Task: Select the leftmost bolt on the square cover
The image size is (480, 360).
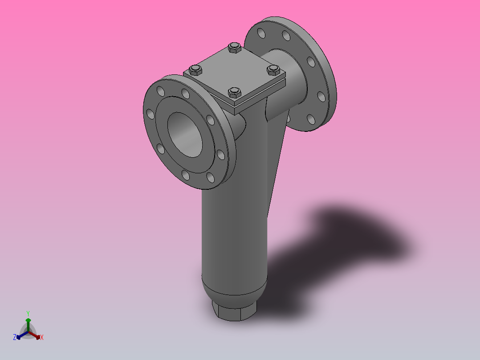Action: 195,70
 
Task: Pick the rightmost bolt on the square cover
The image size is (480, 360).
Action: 273,70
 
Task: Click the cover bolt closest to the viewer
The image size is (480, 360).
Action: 234,93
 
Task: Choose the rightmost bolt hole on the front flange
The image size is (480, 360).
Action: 220,155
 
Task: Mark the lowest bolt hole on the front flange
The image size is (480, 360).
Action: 211,178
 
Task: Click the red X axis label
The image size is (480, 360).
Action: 42,338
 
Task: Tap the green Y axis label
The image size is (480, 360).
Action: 28,313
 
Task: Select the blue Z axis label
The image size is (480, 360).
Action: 15,338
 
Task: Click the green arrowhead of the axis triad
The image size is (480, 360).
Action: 28,320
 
